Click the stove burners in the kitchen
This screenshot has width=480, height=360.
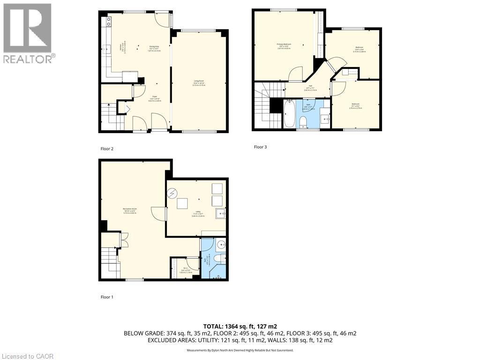(108, 21)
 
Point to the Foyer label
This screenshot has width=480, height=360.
(154, 98)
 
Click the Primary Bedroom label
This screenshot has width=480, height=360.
(284, 46)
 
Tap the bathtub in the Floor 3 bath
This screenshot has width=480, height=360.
(289, 114)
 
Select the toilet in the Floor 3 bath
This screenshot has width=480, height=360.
(303, 122)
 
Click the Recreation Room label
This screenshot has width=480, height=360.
(130, 210)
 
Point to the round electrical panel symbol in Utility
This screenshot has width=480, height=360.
(172, 193)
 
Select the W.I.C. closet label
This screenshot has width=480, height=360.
(185, 270)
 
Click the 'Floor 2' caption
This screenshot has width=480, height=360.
(107, 149)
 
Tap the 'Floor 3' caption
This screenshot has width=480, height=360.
(260, 147)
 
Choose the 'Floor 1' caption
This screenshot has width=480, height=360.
(107, 297)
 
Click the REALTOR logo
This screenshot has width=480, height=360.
(28, 33)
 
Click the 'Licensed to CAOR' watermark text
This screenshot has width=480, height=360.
(28, 356)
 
